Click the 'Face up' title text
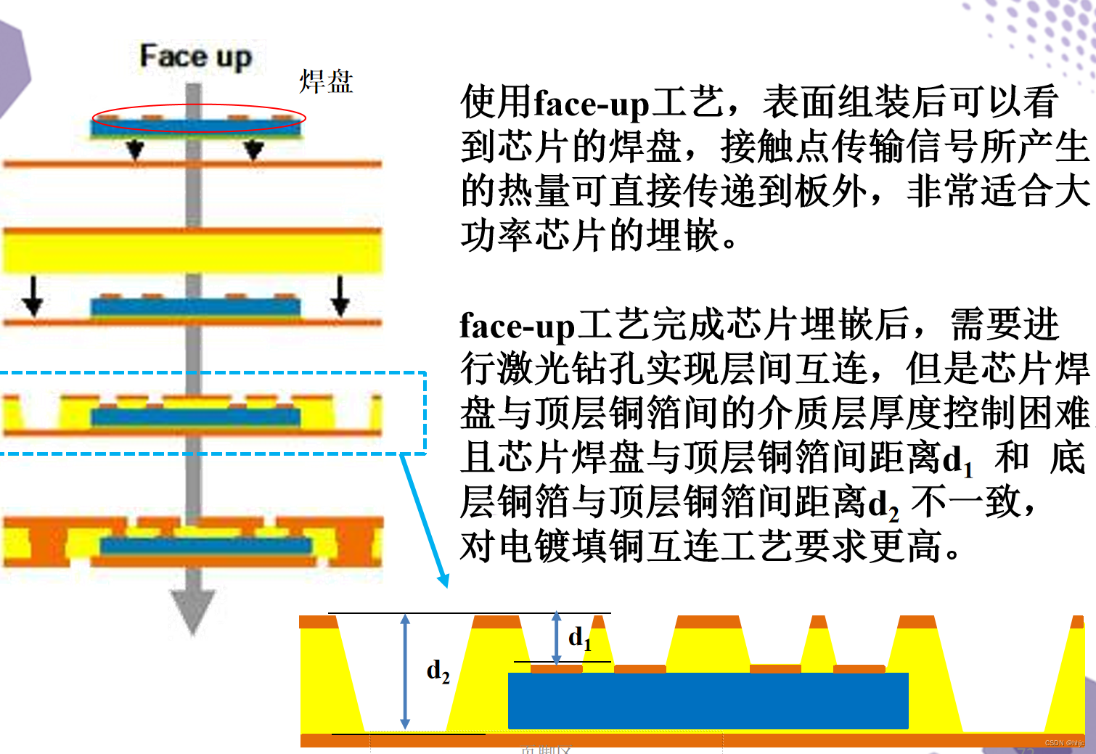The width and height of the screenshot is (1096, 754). [195, 57]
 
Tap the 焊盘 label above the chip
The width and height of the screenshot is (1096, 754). [326, 82]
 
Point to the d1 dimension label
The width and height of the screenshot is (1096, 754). [579, 638]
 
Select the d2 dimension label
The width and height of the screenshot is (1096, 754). [438, 671]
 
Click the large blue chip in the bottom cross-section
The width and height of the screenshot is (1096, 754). [708, 700]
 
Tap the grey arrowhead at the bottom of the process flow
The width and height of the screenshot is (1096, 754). [192, 610]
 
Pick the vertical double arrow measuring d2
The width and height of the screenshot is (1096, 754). [405, 671]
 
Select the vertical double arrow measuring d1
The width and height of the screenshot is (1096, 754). [556, 637]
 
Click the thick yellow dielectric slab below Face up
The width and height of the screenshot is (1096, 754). [192, 251]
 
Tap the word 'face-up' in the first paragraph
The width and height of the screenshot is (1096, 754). [591, 104]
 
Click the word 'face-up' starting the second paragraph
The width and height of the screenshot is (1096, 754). [517, 326]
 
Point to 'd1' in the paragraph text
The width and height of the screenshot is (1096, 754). [957, 460]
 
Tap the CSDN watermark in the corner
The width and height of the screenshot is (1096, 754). [1064, 743]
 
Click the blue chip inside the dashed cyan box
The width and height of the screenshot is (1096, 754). [195, 417]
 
